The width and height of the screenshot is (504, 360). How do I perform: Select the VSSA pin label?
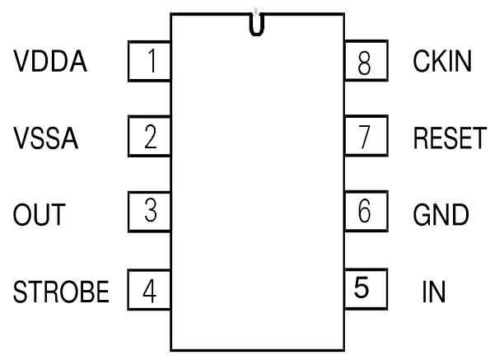[x=46, y=138]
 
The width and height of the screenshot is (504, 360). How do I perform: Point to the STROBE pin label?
[x=62, y=292]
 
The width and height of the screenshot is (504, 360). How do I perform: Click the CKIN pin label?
[x=442, y=63]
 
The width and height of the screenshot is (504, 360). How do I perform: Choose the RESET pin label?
[x=450, y=138]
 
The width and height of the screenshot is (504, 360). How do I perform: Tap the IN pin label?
[x=433, y=292]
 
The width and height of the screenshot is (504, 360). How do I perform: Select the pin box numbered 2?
[x=150, y=137]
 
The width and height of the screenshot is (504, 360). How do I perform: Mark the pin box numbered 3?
[x=150, y=213]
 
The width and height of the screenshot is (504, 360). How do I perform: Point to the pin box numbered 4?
[x=150, y=290]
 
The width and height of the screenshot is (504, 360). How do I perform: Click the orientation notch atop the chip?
[x=258, y=25]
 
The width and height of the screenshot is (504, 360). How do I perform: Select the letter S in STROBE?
[x=19, y=292]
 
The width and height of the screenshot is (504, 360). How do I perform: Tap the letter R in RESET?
[x=419, y=138]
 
